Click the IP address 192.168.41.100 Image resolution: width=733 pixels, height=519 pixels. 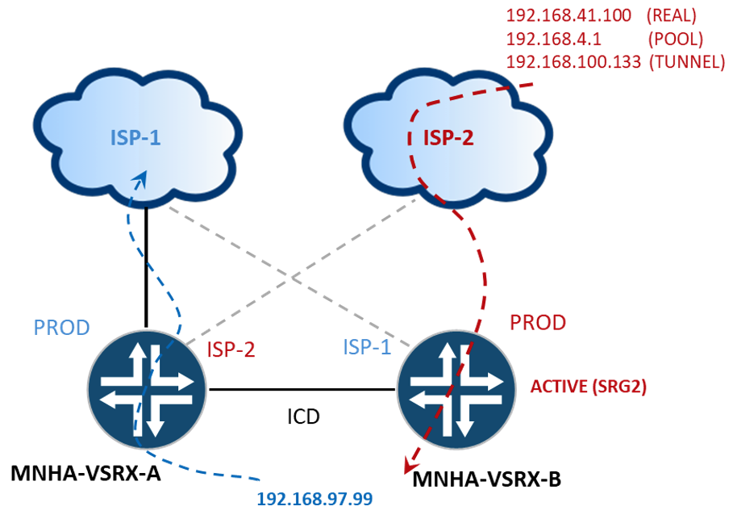pos(568,15)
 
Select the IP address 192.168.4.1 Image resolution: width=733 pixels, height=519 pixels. pos(553,39)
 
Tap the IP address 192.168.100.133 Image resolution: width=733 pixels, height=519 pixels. pos(573,62)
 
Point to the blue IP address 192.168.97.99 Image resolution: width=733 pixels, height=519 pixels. pos(314,499)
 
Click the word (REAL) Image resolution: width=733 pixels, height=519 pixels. pos(671,16)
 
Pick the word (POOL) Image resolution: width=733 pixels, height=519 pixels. pos(676,40)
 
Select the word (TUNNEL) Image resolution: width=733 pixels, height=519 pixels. pos(687,62)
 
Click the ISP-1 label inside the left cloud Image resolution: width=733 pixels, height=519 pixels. pos(135,137)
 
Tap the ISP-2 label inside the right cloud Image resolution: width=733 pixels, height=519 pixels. pos(448,137)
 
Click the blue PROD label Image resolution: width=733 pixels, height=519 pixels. pos(62,328)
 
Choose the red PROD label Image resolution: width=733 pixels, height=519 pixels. pos(538,322)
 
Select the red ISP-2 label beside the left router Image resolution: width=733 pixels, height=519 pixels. pos(231,349)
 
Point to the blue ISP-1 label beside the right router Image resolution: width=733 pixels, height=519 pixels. pos(367,347)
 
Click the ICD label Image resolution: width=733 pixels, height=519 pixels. pos(303,416)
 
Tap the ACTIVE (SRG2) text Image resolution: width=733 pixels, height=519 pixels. pos(588,387)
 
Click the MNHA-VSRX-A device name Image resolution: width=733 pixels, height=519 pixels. pos(85,473)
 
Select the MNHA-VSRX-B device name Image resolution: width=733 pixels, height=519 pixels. pos(486,479)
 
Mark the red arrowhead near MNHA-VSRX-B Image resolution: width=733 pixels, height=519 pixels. pos(410,466)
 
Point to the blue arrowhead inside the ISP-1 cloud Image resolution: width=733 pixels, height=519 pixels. pos(140,178)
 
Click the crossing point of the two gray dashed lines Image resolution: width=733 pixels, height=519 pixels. pos(293,277)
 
